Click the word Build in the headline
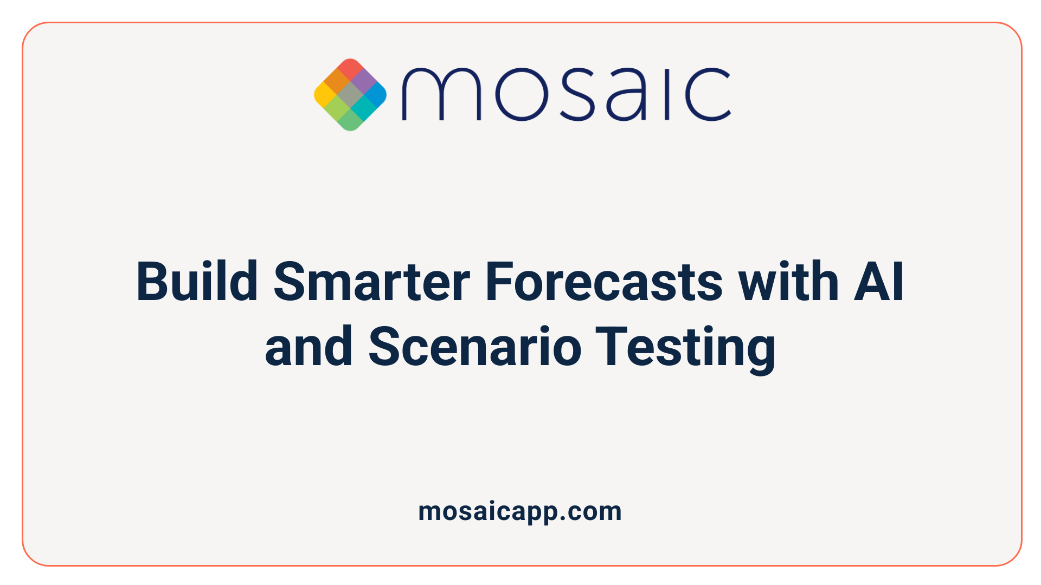[x=196, y=282]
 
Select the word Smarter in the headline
[x=371, y=282]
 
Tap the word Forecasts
[x=603, y=282]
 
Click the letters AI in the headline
[x=879, y=282]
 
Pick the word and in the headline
[x=309, y=347]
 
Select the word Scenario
[x=475, y=347]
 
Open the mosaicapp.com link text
[x=519, y=512]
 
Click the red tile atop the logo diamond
[x=350, y=69]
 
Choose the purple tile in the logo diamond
[x=363, y=81]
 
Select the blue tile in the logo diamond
[x=376, y=95]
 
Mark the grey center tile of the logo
[x=350, y=95]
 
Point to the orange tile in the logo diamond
[x=337, y=82]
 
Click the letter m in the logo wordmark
[x=441, y=95]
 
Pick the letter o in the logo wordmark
[x=520, y=95]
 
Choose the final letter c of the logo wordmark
[x=707, y=95]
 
